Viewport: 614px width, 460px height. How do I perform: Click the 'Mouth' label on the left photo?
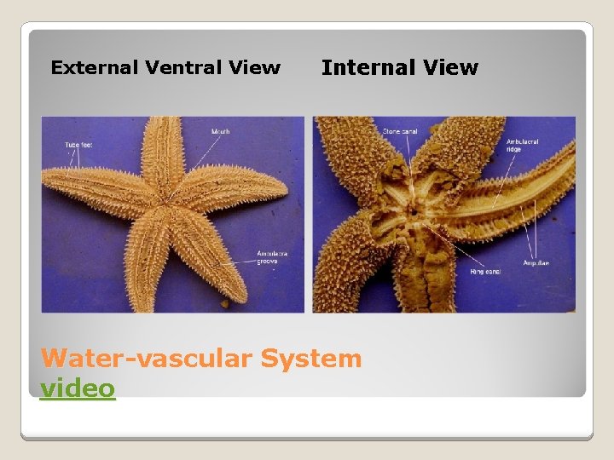[221, 132]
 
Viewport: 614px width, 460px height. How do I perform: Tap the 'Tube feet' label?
[78, 145]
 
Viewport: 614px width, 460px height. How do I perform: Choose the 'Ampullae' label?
[536, 262]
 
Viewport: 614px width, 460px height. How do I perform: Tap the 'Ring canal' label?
[484, 271]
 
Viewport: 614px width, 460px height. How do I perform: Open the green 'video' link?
[78, 388]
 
